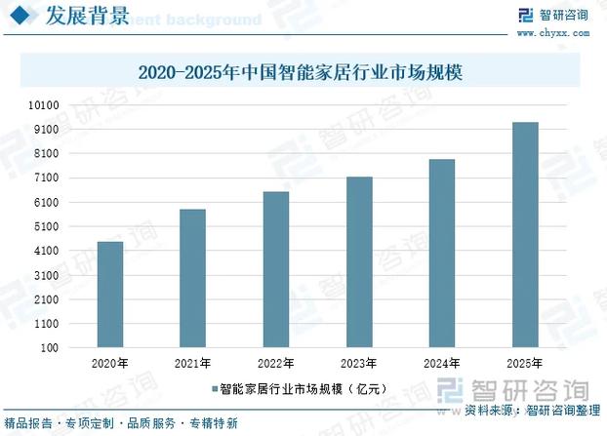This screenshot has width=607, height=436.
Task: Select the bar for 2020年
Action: coord(110,295)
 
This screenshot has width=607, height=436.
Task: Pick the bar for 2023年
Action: coord(359,261)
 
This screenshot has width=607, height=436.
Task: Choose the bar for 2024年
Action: coord(442,253)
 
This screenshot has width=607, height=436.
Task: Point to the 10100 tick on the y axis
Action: coord(46,105)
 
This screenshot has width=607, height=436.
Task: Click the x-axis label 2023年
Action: coord(359,364)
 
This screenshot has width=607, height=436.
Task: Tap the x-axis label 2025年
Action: coord(525,364)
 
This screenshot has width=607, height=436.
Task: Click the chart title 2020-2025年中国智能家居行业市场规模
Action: coord(303,72)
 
